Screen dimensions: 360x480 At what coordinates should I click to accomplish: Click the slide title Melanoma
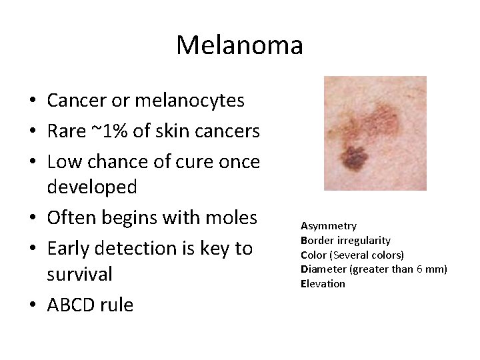239,45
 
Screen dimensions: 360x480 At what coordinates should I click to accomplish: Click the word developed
92,187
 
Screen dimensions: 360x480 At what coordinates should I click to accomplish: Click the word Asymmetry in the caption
328,226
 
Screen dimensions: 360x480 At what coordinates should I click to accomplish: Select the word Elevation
323,283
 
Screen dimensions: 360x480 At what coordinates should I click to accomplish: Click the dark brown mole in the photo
353,157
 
